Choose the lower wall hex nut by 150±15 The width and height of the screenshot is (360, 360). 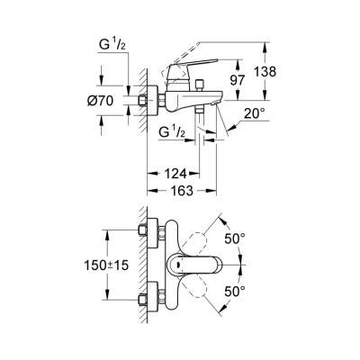coord(148,298)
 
